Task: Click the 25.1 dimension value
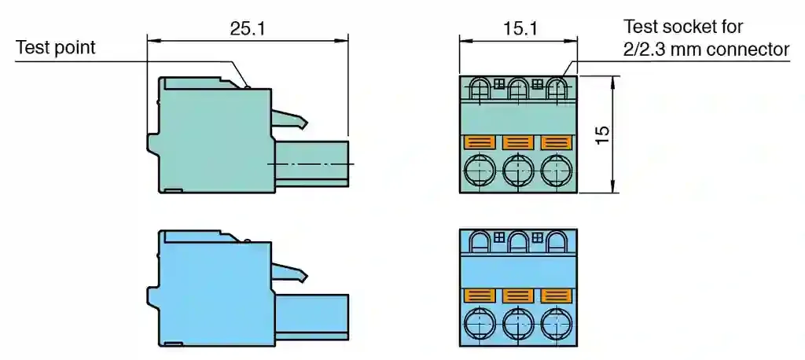coord(247,29)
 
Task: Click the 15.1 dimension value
coord(520,29)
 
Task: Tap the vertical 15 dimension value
coord(602,134)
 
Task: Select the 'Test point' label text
coord(56,48)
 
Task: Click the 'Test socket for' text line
coord(683,26)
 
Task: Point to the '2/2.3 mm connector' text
coord(707,50)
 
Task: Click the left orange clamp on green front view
coord(480,142)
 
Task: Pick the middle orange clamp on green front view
coord(518,142)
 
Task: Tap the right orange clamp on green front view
coord(557,142)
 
